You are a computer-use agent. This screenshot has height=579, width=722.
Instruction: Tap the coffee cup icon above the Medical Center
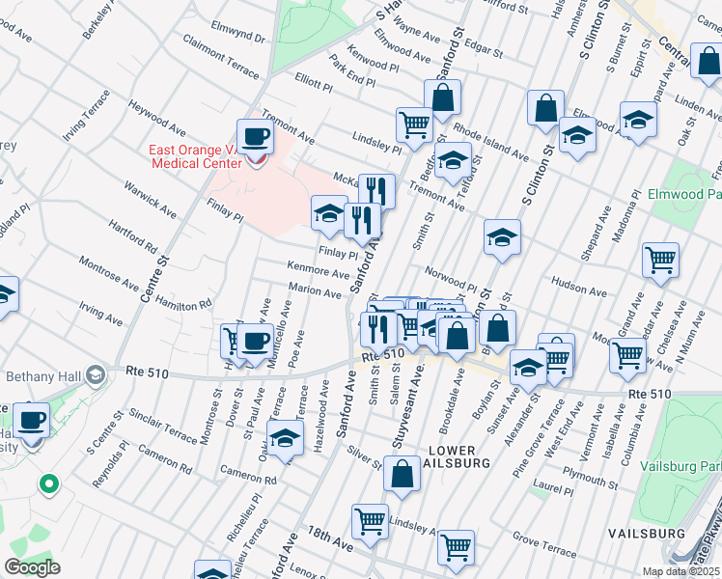256,137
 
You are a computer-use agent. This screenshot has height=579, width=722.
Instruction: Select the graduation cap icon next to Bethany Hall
96,374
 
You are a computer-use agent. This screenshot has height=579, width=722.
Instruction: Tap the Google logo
32,567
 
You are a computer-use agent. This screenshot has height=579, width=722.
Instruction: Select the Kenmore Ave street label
318,269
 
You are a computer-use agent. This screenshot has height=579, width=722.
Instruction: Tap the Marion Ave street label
310,289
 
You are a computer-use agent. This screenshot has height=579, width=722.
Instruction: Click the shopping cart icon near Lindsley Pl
414,124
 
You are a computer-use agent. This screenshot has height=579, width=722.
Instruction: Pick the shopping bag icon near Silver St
402,474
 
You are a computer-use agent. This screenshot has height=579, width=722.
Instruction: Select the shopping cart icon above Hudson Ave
660,258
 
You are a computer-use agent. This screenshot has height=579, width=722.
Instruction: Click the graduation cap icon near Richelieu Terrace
285,438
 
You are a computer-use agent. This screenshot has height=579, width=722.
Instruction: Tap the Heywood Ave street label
158,116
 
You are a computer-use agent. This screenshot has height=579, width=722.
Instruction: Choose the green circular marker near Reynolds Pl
47,483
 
